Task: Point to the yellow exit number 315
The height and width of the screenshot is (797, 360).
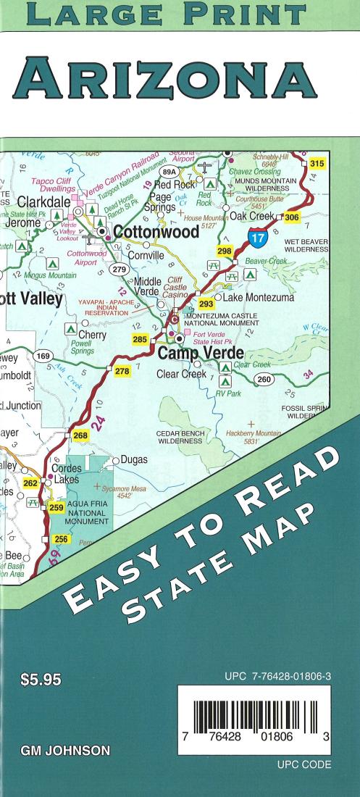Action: tap(317, 164)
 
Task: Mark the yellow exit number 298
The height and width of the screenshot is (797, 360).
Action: tap(225, 251)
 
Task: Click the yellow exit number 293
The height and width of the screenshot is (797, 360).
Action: tap(206, 304)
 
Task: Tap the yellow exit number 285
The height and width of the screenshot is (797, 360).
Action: tap(140, 338)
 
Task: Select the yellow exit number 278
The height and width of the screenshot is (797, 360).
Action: tap(122, 371)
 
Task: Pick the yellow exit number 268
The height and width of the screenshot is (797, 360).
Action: tap(80, 435)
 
